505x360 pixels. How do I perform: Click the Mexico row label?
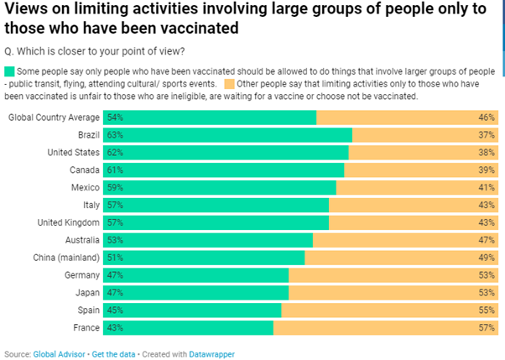click(82, 187)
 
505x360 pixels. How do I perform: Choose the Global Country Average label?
click(54, 117)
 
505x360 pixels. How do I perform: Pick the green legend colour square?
click(9, 72)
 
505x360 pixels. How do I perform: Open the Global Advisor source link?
click(59, 354)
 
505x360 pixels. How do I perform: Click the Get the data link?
click(113, 354)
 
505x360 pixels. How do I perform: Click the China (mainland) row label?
click(69, 257)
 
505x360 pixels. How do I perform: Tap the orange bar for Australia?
click(407, 240)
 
